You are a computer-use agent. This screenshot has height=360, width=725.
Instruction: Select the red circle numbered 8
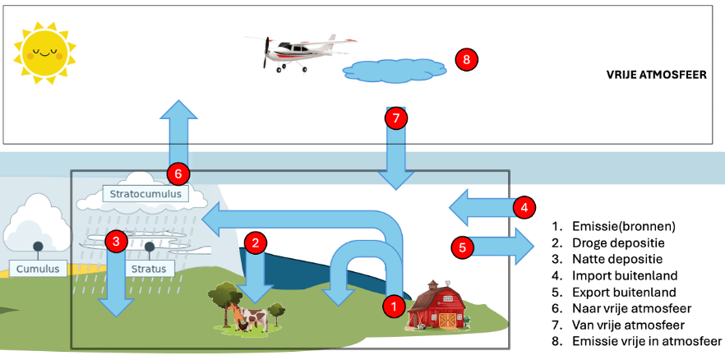(466, 60)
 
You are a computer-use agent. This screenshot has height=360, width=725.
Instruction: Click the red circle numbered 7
(396, 118)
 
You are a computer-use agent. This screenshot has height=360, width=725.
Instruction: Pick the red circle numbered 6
(178, 173)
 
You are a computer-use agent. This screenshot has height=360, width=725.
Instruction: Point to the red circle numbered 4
(524, 207)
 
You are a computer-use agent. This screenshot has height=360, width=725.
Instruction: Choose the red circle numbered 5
(462, 245)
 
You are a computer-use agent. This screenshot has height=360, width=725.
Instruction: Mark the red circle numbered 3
(118, 241)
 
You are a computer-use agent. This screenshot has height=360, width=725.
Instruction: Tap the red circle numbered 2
(256, 242)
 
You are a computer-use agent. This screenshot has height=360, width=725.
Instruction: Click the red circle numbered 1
(395, 306)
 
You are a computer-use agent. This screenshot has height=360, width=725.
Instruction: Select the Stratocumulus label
(145, 195)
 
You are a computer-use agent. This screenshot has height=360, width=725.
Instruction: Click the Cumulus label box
(38, 269)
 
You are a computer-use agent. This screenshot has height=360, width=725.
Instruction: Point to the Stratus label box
(150, 269)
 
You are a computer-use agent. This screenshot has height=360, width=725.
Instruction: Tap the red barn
(436, 307)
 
